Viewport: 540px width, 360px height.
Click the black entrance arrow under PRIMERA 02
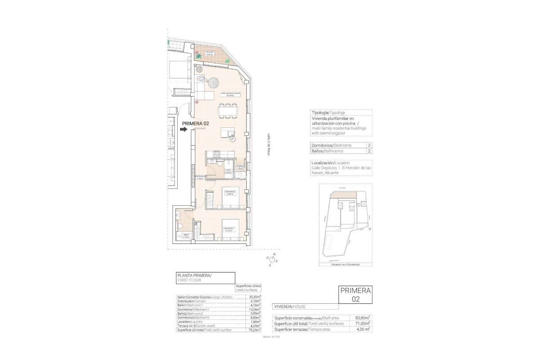point(183,130)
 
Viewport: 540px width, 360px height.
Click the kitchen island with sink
point(227,133)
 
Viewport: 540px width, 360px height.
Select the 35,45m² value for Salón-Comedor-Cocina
point(254,297)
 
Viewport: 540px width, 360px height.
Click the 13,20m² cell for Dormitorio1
point(254,309)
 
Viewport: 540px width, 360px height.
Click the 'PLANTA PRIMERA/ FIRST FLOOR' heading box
point(205,278)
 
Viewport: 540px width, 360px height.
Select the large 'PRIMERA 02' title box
point(355,295)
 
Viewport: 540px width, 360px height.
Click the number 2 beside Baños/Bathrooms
point(369,152)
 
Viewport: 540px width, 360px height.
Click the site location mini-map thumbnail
point(345,224)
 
